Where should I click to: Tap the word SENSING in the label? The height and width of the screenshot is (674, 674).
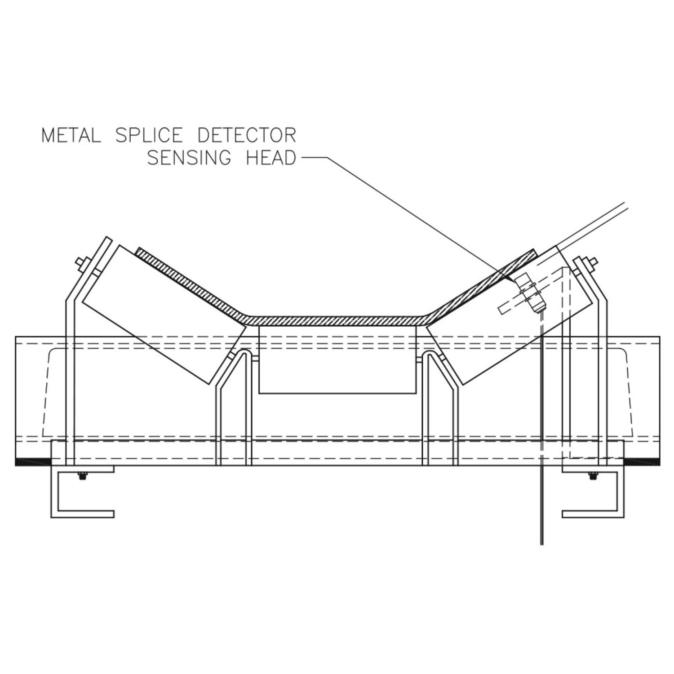pyautogui.click(x=190, y=158)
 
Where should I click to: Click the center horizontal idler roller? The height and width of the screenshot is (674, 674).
pyautogui.click(x=337, y=359)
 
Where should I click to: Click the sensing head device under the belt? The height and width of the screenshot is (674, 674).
pyautogui.click(x=529, y=294)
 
